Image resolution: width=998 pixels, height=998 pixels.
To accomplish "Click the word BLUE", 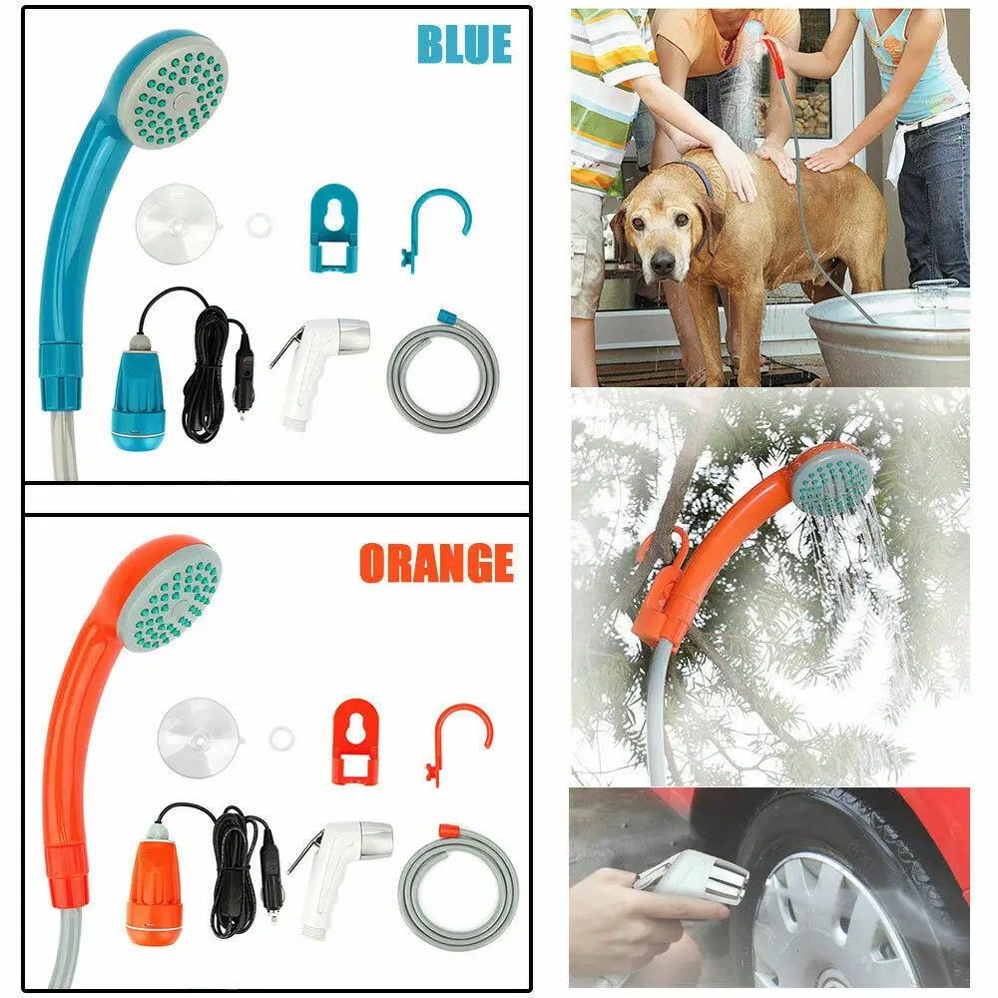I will tap(464, 45).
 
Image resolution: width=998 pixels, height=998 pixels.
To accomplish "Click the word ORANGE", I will tap(436, 564).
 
